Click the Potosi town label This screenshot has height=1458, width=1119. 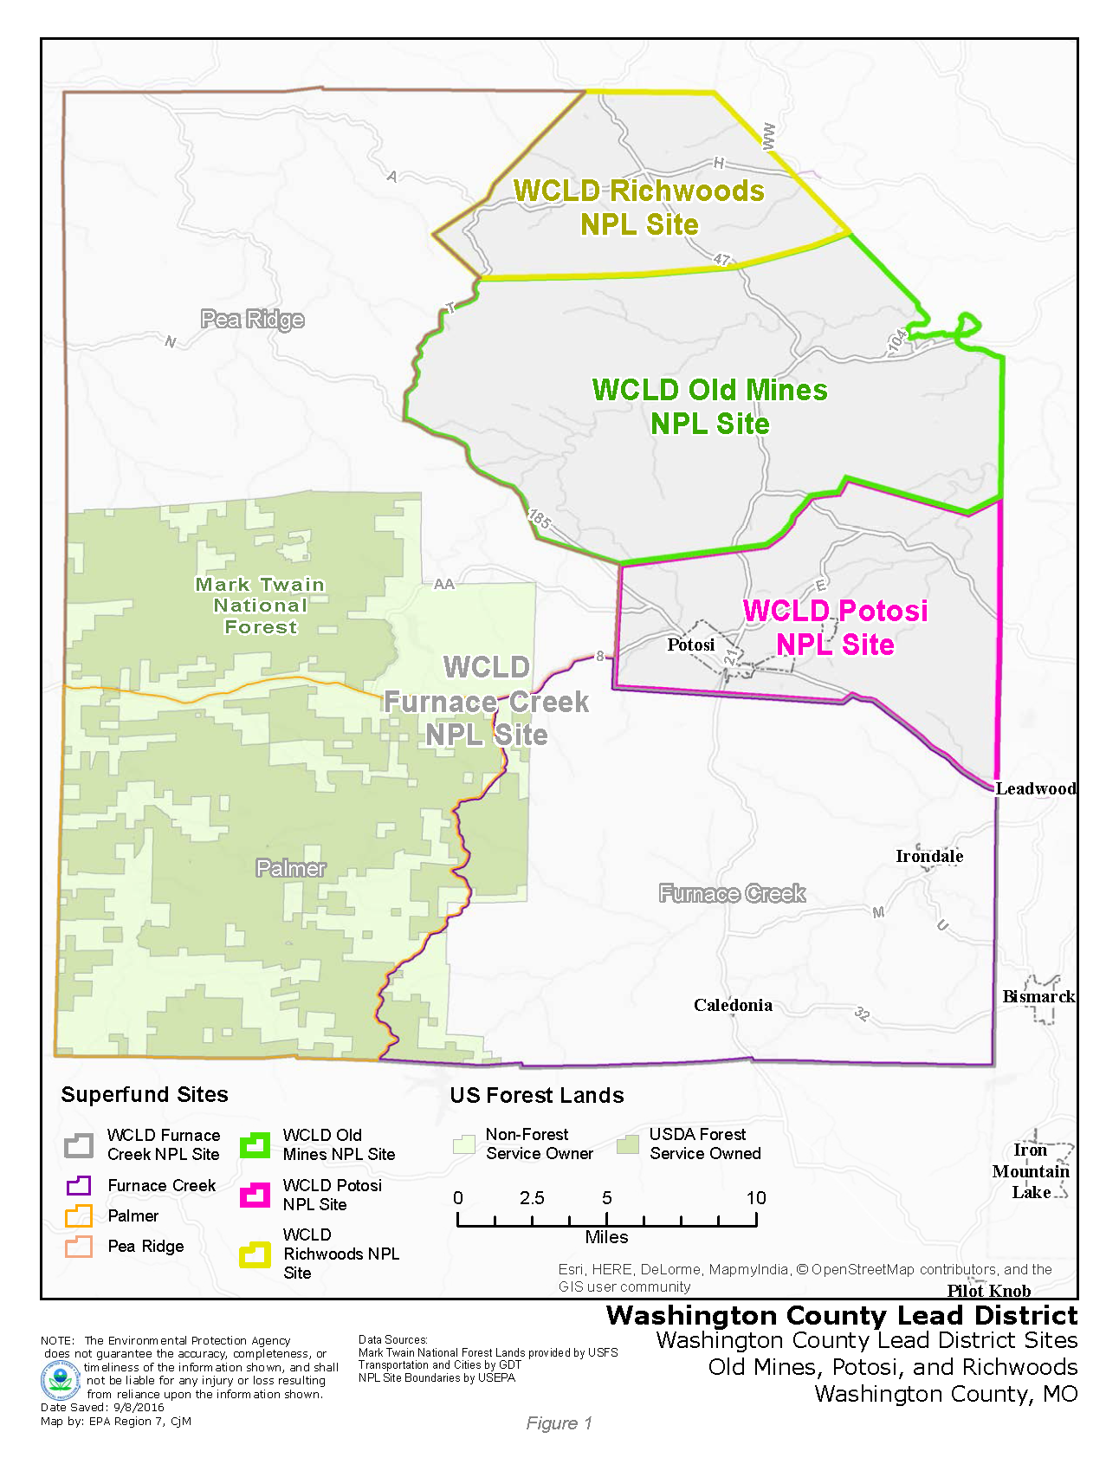pos(690,645)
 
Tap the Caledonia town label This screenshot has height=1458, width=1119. pos(733,1005)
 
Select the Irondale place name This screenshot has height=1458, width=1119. pos(929,856)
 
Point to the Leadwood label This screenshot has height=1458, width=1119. pos(1035,788)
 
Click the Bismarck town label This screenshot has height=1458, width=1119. pos(1038,996)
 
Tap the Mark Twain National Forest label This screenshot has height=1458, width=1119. pos(260,606)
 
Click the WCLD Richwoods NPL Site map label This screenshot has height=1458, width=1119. pos(639,207)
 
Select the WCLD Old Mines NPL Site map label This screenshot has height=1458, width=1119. pos(709,406)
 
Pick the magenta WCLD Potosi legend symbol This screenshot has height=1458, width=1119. pos(255,1195)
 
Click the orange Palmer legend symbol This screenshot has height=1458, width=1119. pos(79,1215)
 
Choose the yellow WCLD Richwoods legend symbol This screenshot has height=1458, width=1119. pos(255,1254)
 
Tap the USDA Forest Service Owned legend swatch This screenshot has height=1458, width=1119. pos(627,1144)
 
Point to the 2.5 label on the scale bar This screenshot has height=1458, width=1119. pos(532,1198)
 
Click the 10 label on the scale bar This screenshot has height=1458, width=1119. pos(756,1198)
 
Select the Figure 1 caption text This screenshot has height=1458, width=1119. pos(559,1423)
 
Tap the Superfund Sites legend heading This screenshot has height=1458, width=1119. pos(145,1094)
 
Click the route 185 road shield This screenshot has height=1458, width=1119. pos(539,519)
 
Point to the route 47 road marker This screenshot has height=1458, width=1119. pos(722,259)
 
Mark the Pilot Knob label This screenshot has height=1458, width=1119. pos(988,1291)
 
